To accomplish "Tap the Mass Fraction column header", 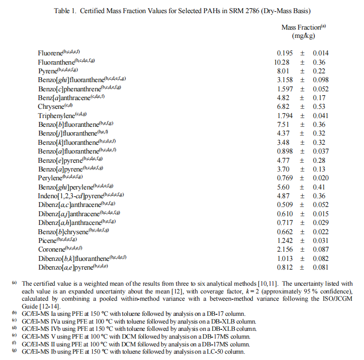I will click(301, 28).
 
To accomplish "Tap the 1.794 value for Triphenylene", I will click(284, 116).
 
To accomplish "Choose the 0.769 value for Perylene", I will click(284, 178).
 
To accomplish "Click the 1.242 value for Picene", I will click(284, 240).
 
